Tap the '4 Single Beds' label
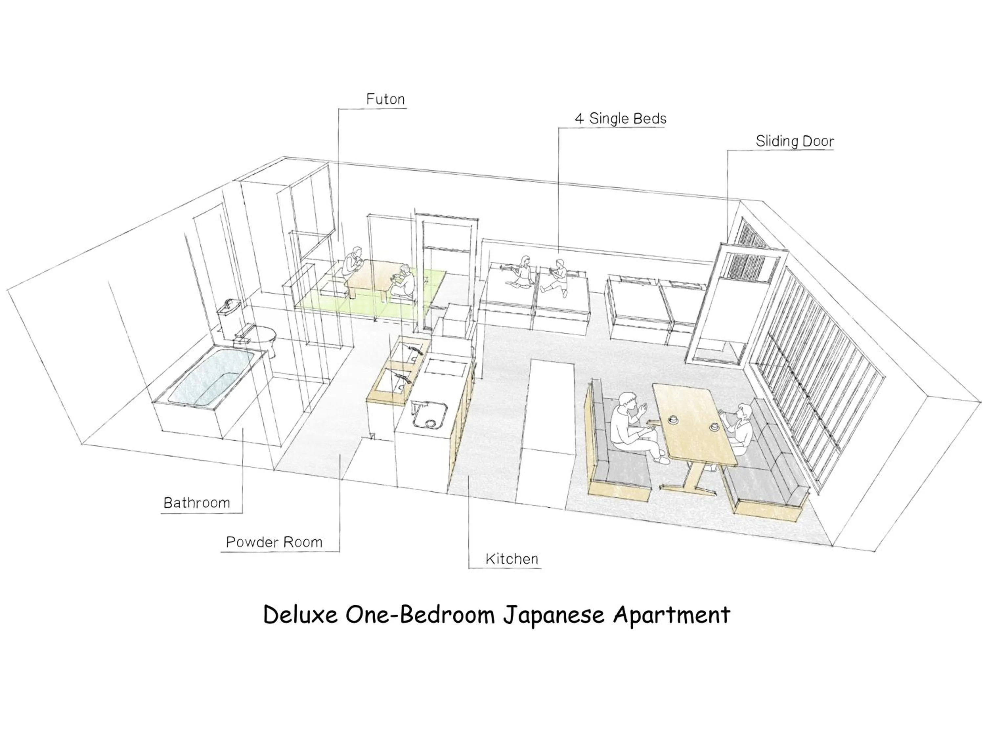(620, 119)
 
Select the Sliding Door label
(795, 141)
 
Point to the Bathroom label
(197, 503)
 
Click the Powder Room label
(274, 542)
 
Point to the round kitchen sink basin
(428, 418)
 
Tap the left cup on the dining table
(672, 419)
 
